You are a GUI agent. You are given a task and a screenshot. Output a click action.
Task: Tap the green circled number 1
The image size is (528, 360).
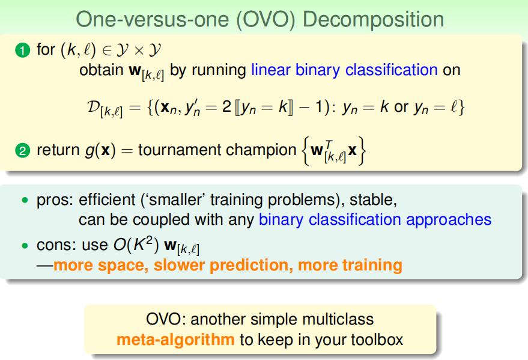[23, 50]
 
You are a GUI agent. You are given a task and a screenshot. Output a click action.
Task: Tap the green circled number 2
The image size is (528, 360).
[23, 150]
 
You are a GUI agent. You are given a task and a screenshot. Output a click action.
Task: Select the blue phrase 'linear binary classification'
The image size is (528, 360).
[344, 70]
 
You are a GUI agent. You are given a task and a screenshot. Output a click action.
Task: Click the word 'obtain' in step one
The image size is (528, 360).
[102, 70]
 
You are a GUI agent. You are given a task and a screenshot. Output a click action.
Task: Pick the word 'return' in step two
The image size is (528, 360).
[58, 150]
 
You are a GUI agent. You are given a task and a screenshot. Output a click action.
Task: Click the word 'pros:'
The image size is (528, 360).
[55, 200]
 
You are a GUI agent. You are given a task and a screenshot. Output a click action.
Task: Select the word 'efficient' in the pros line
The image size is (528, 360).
[107, 200]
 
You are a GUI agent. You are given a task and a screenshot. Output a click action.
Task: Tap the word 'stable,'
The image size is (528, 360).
[373, 200]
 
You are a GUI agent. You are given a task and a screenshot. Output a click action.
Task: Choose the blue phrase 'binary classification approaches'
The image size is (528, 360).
[375, 220]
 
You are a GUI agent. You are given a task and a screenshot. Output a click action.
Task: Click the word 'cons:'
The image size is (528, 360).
[55, 245]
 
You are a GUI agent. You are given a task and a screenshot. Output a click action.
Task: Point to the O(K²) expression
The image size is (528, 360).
[136, 244]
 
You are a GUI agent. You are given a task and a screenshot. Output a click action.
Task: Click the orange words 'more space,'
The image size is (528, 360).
[101, 266]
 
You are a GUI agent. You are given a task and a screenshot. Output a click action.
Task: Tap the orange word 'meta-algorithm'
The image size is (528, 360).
[175, 340]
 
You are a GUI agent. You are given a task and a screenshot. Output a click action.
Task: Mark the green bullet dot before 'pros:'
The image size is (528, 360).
[25, 200]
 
